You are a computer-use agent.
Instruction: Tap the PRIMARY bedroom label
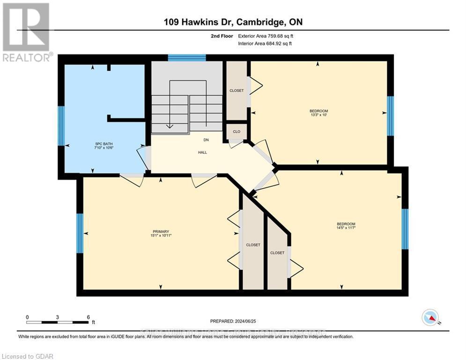pos(161,232)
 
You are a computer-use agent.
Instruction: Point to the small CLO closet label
pos(237,132)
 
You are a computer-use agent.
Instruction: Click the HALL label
pos(202,152)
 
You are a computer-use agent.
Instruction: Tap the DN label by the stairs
pos(205,140)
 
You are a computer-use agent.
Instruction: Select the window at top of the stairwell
pos(187,58)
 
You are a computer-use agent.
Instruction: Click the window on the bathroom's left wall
pos(60,126)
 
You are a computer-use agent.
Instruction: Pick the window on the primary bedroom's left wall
pos(80,233)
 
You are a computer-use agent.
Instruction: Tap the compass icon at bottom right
pos(429,317)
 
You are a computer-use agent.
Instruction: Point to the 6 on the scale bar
pos(88,317)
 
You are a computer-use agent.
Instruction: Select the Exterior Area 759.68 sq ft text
pos(266,36)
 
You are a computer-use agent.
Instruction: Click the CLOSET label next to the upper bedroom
pos(237,90)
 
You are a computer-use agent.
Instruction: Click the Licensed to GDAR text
pos(27,356)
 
